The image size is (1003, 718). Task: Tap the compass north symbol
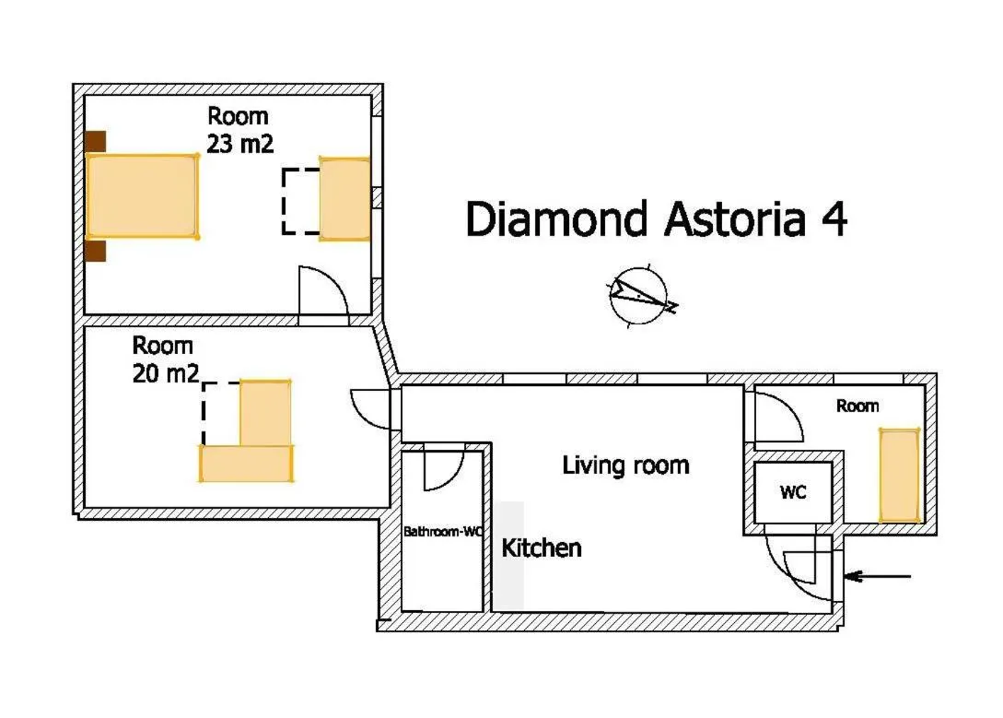[x=640, y=296]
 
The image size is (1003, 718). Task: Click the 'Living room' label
[x=625, y=465]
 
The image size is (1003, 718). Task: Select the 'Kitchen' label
[x=542, y=547]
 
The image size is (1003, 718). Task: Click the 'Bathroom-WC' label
[x=443, y=532]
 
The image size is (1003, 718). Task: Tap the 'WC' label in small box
[x=792, y=493]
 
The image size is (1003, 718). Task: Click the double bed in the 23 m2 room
[x=142, y=196]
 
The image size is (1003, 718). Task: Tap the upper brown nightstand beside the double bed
[x=95, y=142]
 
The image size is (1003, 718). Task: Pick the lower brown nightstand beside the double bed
[x=95, y=251]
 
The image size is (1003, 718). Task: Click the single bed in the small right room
[x=899, y=475]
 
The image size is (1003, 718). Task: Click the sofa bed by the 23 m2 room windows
[x=344, y=199]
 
